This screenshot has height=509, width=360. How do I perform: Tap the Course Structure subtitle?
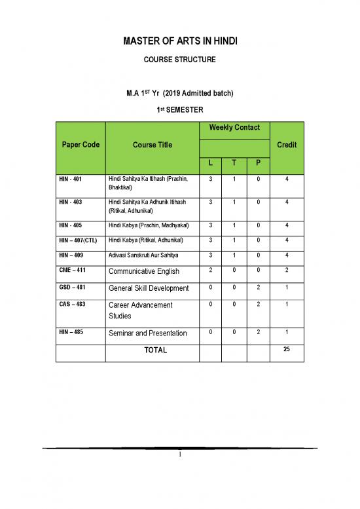(180, 60)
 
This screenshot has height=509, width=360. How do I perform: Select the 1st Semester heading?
(180, 108)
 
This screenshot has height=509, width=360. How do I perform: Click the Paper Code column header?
(81, 145)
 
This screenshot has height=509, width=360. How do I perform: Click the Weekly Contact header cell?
(234, 127)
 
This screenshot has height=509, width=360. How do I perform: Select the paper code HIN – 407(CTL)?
(77, 241)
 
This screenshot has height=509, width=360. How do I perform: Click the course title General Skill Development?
(149, 288)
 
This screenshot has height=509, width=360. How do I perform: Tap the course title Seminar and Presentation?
(147, 333)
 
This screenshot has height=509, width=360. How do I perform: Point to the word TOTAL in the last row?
(155, 350)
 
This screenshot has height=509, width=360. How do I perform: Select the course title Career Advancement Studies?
(141, 311)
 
